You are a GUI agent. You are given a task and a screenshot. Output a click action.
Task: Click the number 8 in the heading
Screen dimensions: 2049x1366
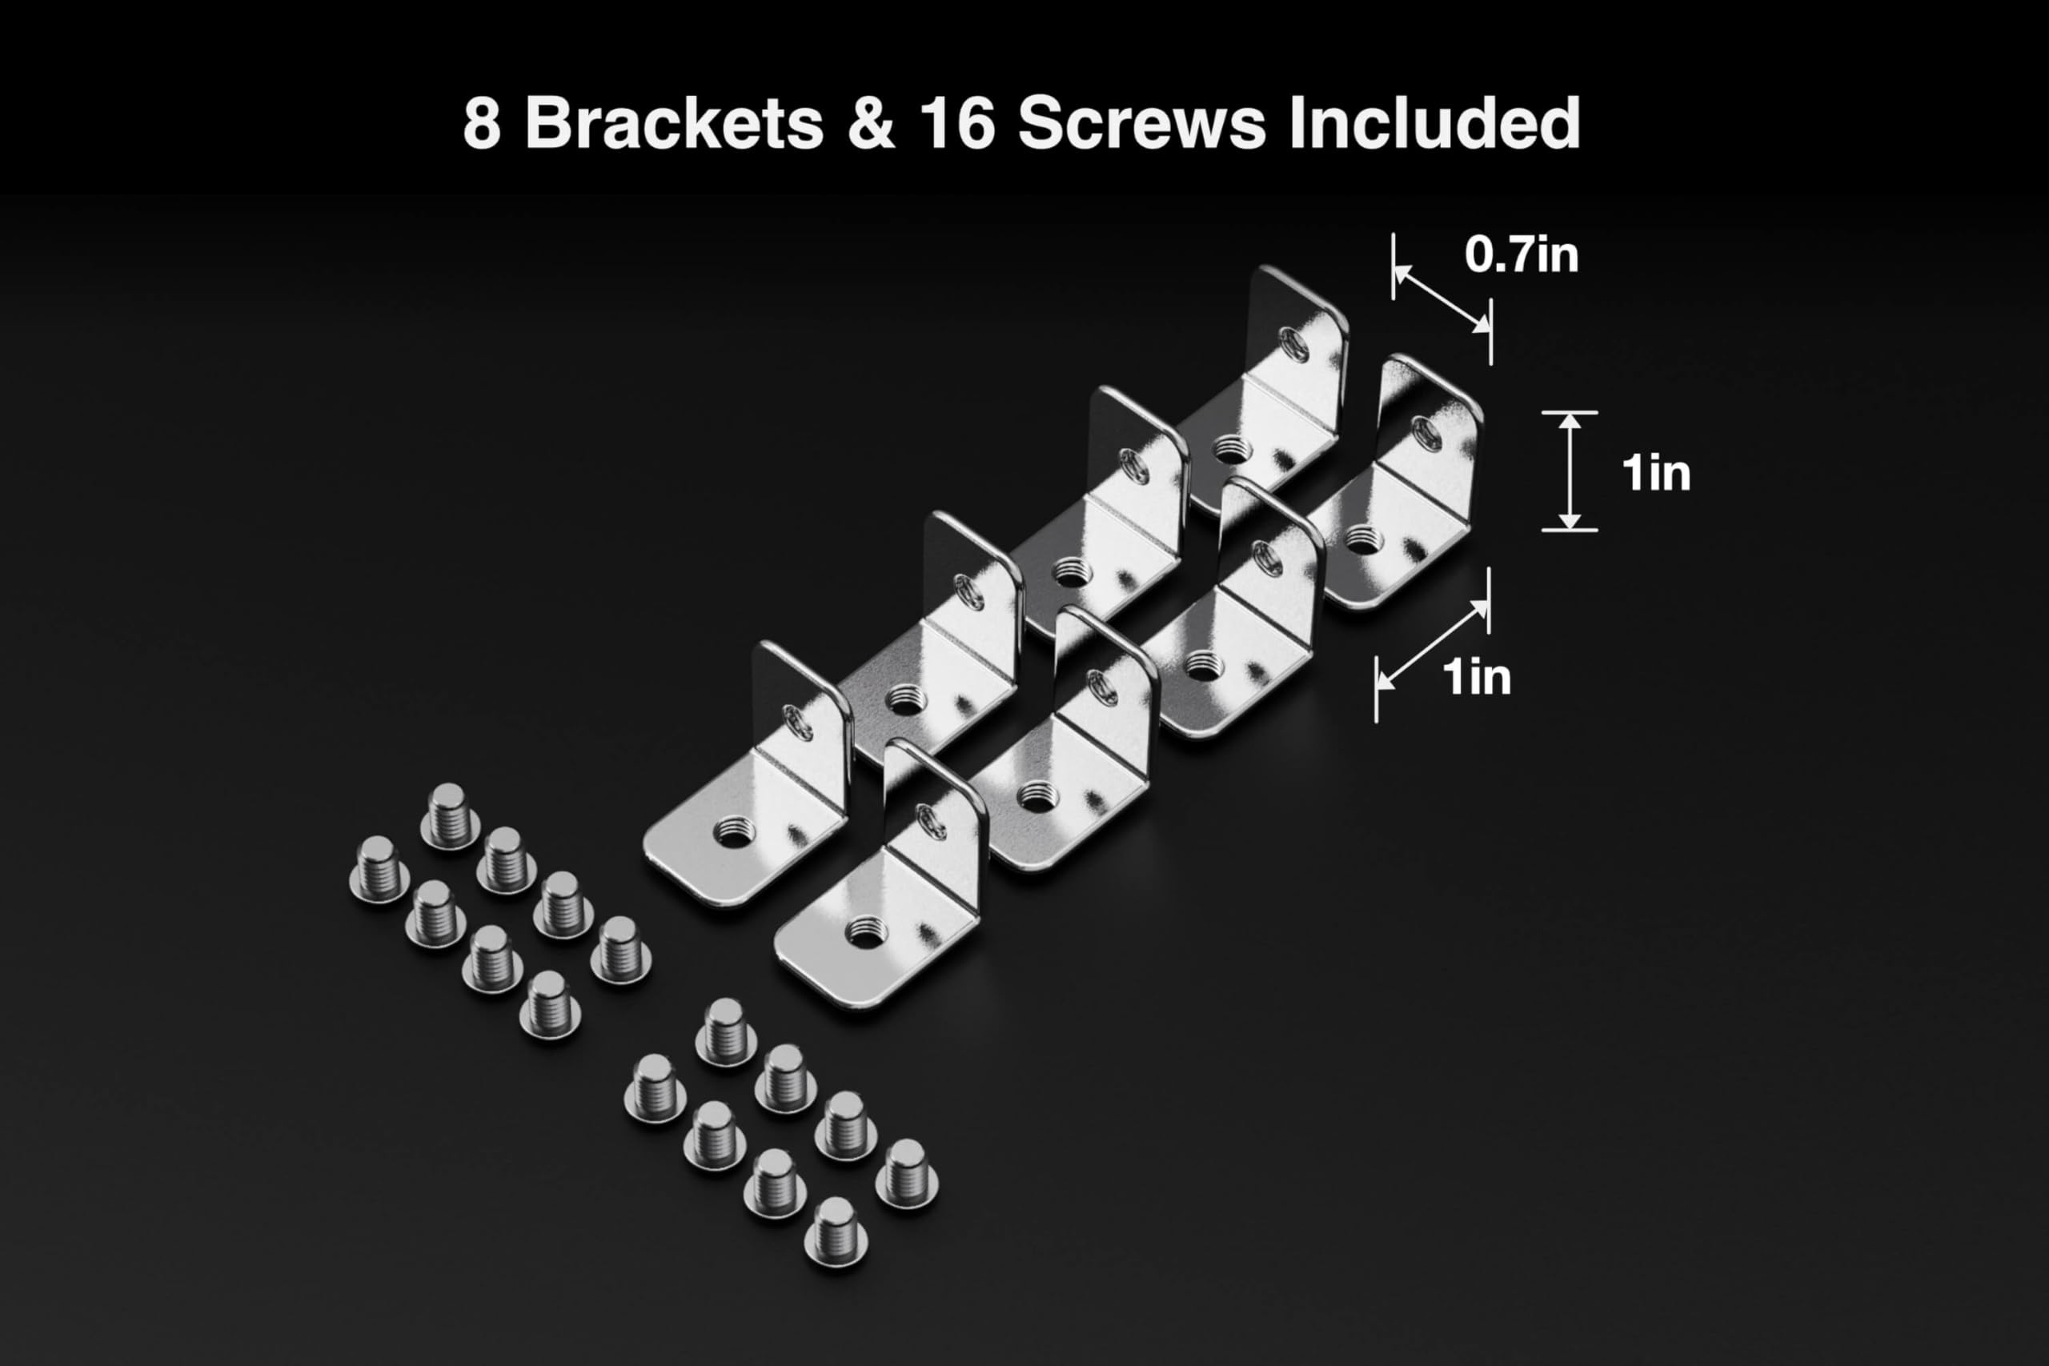pyautogui.click(x=482, y=122)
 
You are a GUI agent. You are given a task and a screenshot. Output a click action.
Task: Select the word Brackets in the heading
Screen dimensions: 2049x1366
pyautogui.click(x=674, y=122)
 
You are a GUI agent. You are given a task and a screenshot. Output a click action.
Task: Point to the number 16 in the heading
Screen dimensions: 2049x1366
pyautogui.click(x=956, y=122)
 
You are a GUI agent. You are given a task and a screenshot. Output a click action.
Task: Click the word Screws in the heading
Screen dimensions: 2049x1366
pyautogui.click(x=1141, y=122)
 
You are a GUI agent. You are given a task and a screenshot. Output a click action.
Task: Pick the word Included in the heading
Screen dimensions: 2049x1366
pyautogui.click(x=1434, y=122)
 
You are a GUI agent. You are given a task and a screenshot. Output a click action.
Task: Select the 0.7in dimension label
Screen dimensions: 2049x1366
pyautogui.click(x=1521, y=254)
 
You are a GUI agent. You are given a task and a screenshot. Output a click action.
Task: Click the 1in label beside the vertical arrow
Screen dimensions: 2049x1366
pyautogui.click(x=1655, y=473)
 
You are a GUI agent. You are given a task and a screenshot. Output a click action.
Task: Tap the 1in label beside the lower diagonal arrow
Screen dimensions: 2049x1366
pyautogui.click(x=1476, y=677)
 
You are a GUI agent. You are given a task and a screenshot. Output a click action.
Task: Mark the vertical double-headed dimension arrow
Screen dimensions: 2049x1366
pyautogui.click(x=1569, y=471)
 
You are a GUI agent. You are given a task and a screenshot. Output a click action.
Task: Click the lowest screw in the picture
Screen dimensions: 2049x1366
pyautogui.click(x=836, y=1231)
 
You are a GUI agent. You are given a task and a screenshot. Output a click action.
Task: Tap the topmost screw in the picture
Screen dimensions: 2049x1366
pyautogui.click(x=450, y=816)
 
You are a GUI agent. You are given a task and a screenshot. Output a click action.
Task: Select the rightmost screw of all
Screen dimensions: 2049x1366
pyautogui.click(x=906, y=1173)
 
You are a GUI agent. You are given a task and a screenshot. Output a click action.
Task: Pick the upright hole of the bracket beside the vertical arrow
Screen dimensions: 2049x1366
pyautogui.click(x=1426, y=433)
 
